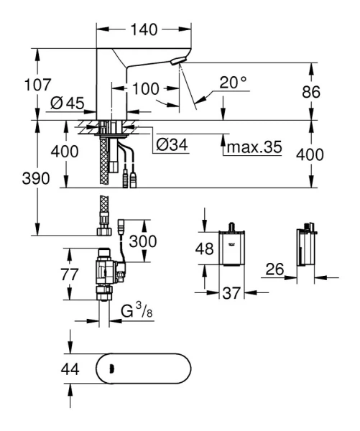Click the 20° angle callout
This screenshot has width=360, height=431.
233,83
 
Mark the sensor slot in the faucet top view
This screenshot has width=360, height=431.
111,371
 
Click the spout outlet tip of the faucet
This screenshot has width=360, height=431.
177,64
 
